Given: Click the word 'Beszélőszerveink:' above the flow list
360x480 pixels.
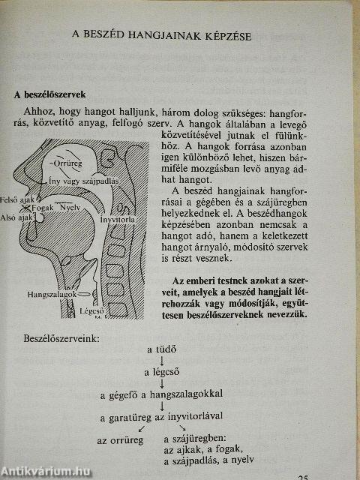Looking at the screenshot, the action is click(61, 339).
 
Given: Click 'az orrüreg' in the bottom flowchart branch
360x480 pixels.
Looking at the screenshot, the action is click(116, 437).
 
